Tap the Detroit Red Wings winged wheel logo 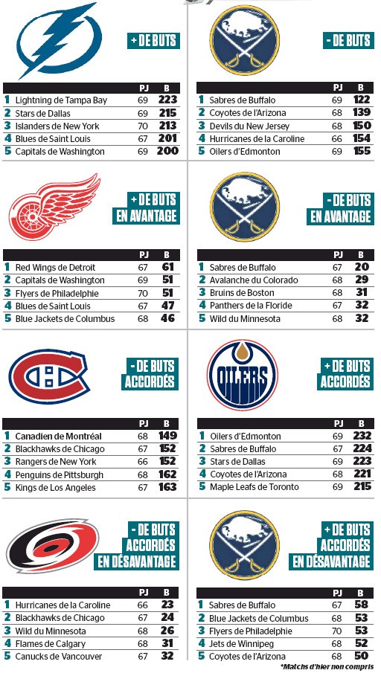54,206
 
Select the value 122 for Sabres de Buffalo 362,100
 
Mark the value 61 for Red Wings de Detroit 168,267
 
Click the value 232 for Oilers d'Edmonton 362,436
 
